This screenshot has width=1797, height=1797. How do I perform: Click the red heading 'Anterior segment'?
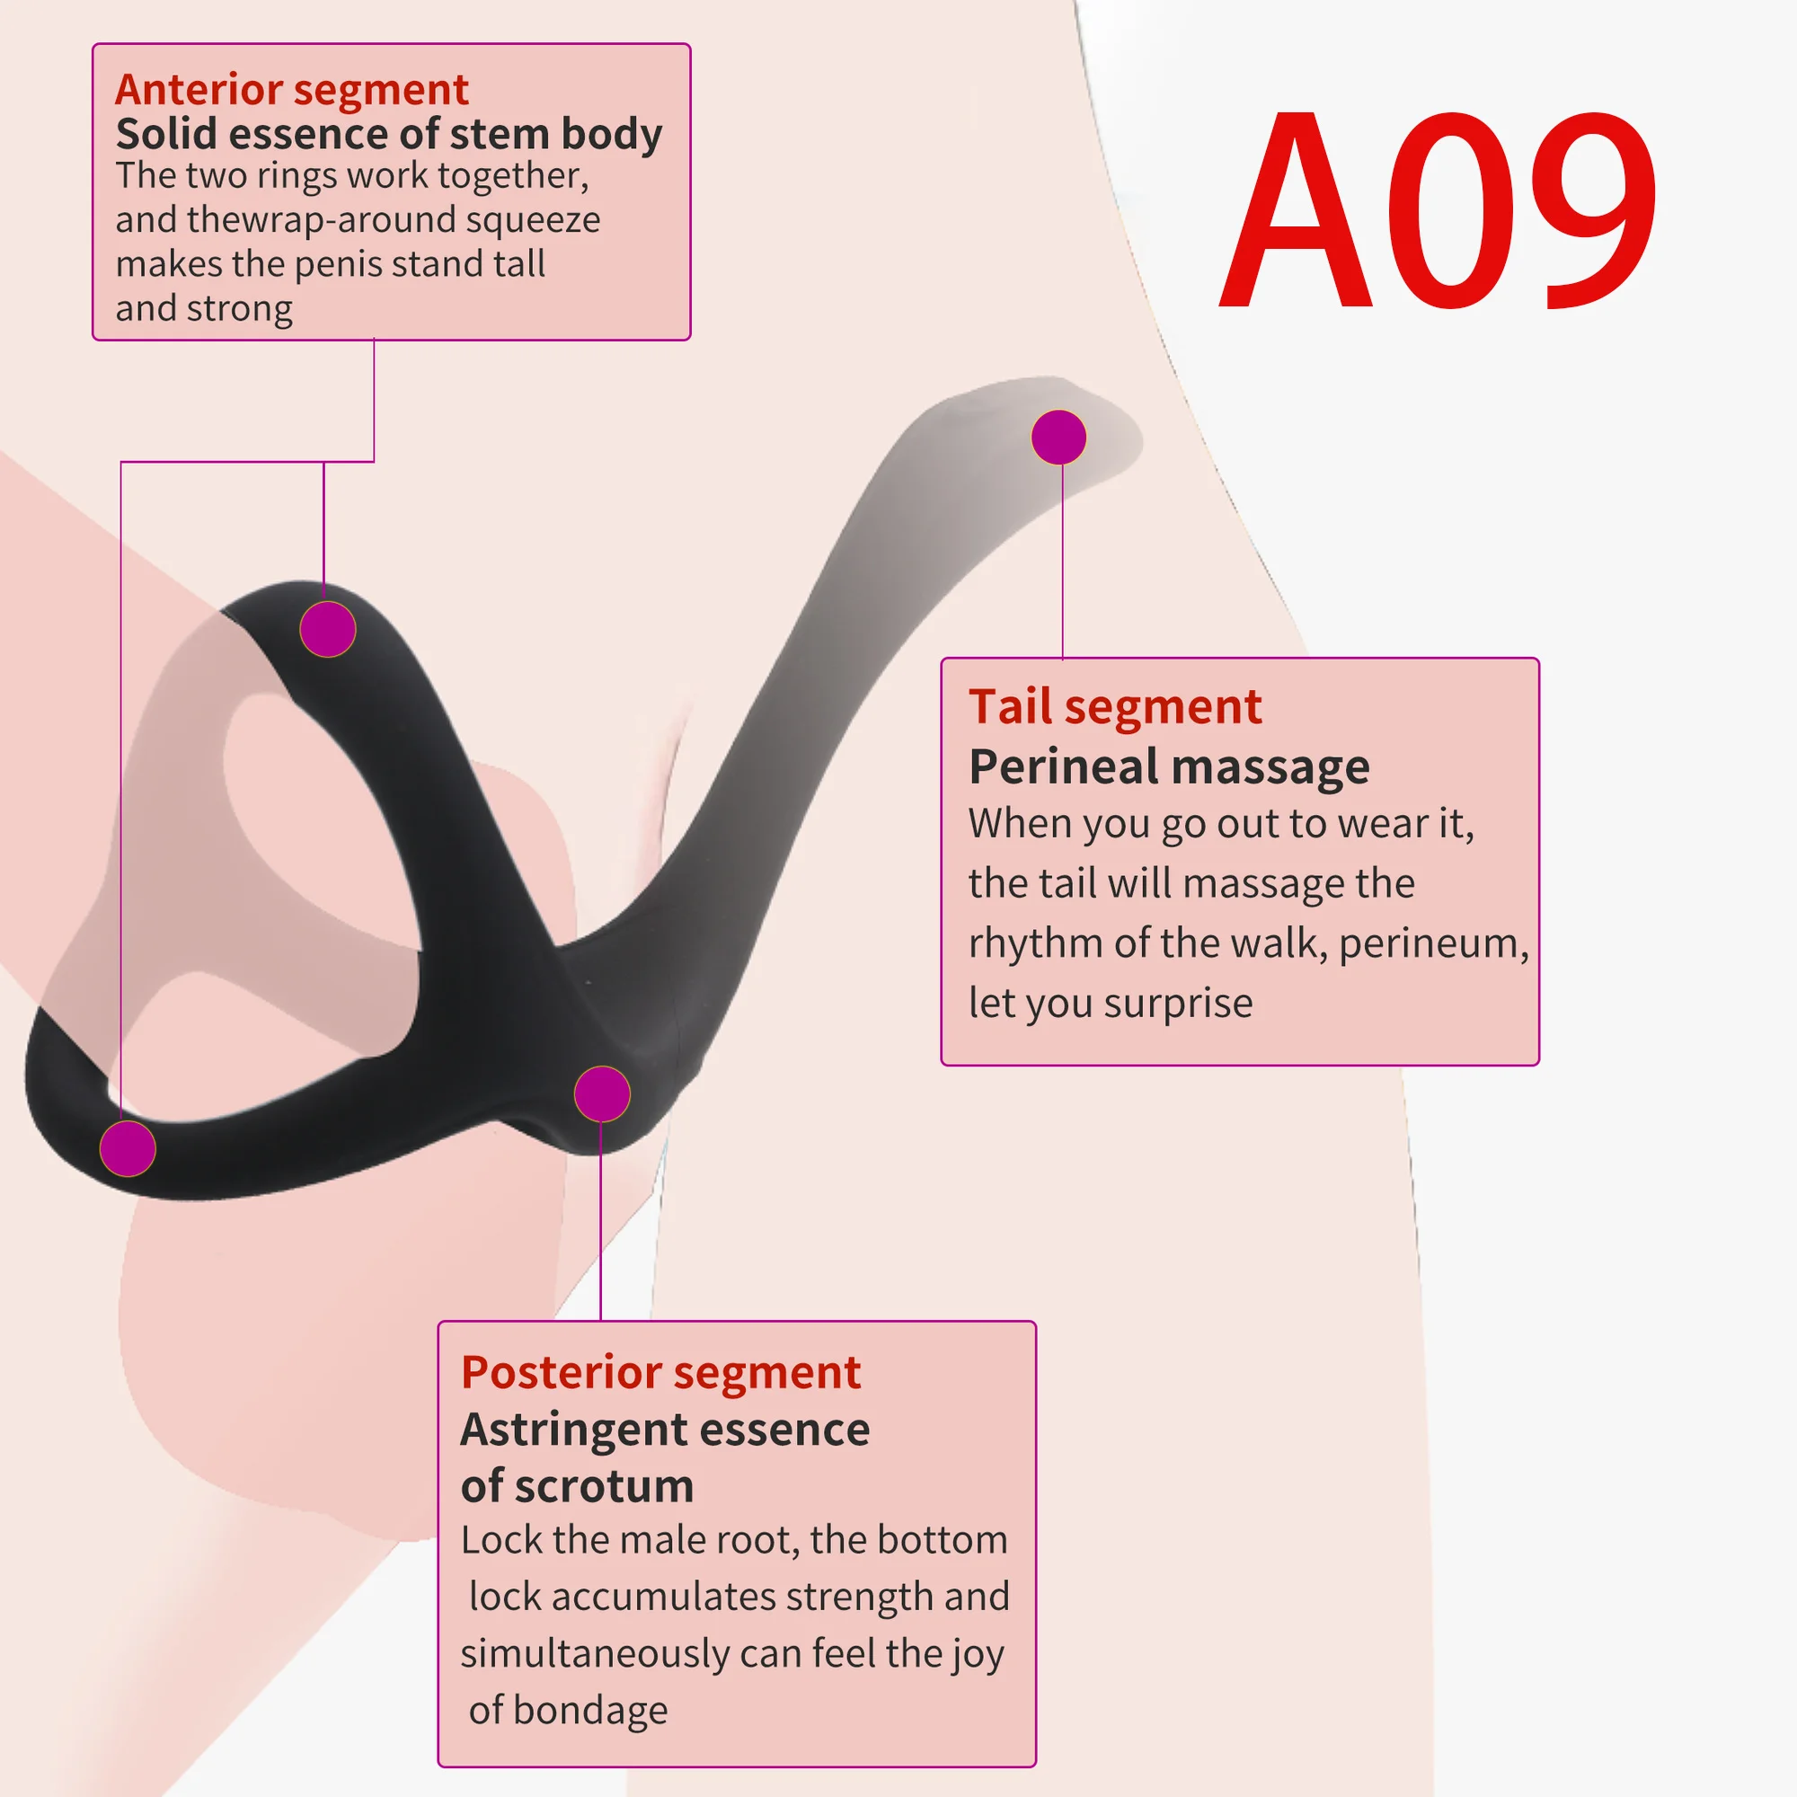[x=291, y=90]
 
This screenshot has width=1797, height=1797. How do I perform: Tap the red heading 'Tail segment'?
[x=1114, y=707]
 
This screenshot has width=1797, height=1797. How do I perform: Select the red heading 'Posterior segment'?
[x=660, y=1373]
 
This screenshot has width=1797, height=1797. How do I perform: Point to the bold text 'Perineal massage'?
[x=1168, y=767]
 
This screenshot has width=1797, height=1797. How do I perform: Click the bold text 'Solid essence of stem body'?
[x=389, y=135]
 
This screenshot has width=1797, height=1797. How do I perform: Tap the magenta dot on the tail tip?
[x=1058, y=438]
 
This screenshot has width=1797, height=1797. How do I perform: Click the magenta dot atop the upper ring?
[x=327, y=629]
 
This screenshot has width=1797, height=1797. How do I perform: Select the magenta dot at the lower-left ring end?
[x=128, y=1147]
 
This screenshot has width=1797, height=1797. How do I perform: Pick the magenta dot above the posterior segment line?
[x=602, y=1093]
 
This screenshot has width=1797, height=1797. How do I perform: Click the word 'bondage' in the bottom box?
[x=589, y=1710]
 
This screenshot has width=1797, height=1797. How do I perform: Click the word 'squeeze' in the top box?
[x=533, y=220]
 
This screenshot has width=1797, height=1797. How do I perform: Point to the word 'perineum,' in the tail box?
[x=1433, y=944]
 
